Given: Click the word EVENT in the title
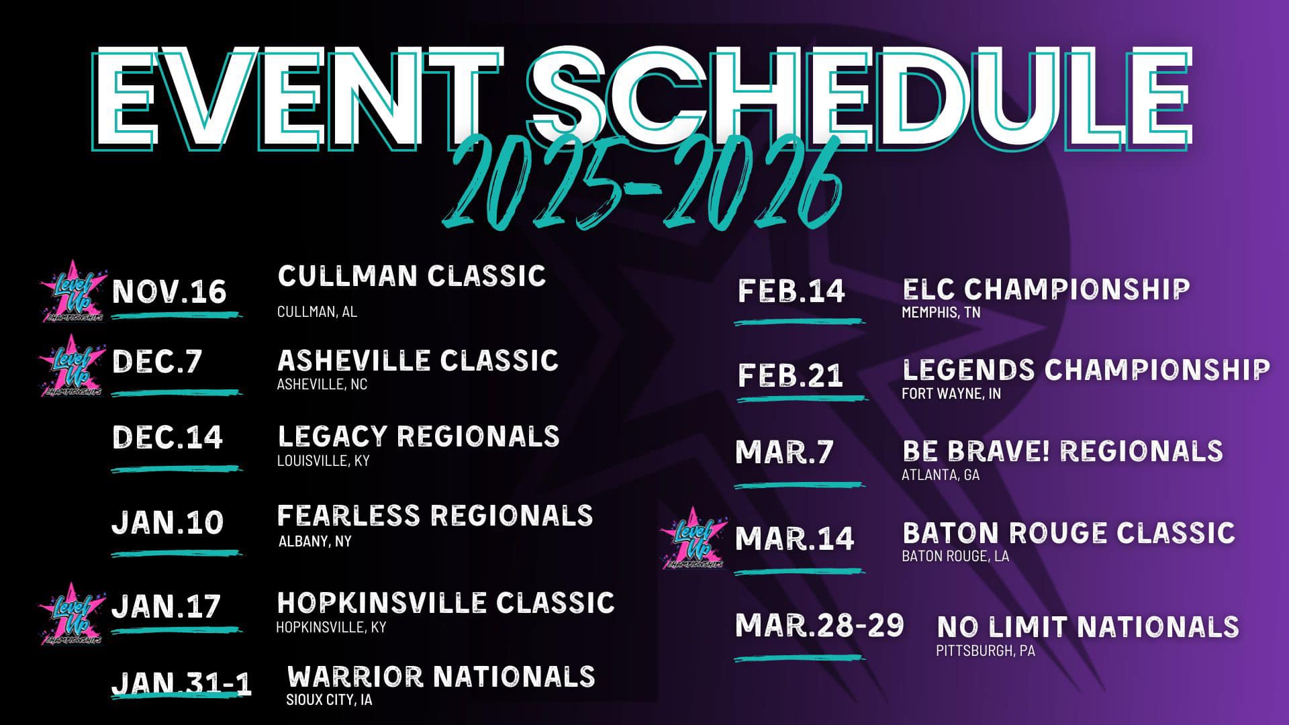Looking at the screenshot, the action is coord(295,98).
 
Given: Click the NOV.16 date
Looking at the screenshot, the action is coord(169,292).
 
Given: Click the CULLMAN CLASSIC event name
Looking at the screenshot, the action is coord(412,276).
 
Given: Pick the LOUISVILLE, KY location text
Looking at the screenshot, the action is coord(323,461).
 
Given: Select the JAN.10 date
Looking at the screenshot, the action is coord(166,523).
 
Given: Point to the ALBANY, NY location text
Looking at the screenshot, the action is coord(315,541).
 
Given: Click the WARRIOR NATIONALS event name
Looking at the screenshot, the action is coord(441,676).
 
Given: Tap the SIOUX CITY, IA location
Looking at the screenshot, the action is coord(329,700).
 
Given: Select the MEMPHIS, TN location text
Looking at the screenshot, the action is coord(941,312).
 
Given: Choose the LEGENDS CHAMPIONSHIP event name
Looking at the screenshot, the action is coord(1086,370).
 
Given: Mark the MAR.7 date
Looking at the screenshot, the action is coord(784,452).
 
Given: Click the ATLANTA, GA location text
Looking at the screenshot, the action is coord(941,475).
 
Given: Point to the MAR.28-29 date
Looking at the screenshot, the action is coord(819,625).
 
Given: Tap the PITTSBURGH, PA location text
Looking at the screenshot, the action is coord(986,651).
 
